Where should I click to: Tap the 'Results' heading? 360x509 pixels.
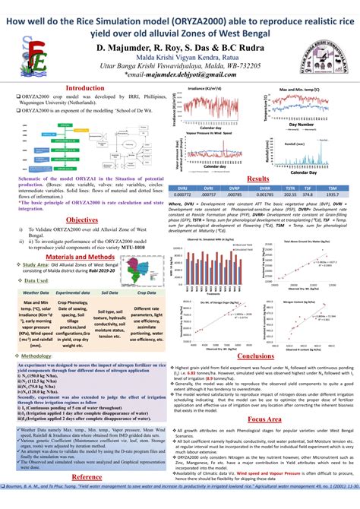(259, 179)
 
